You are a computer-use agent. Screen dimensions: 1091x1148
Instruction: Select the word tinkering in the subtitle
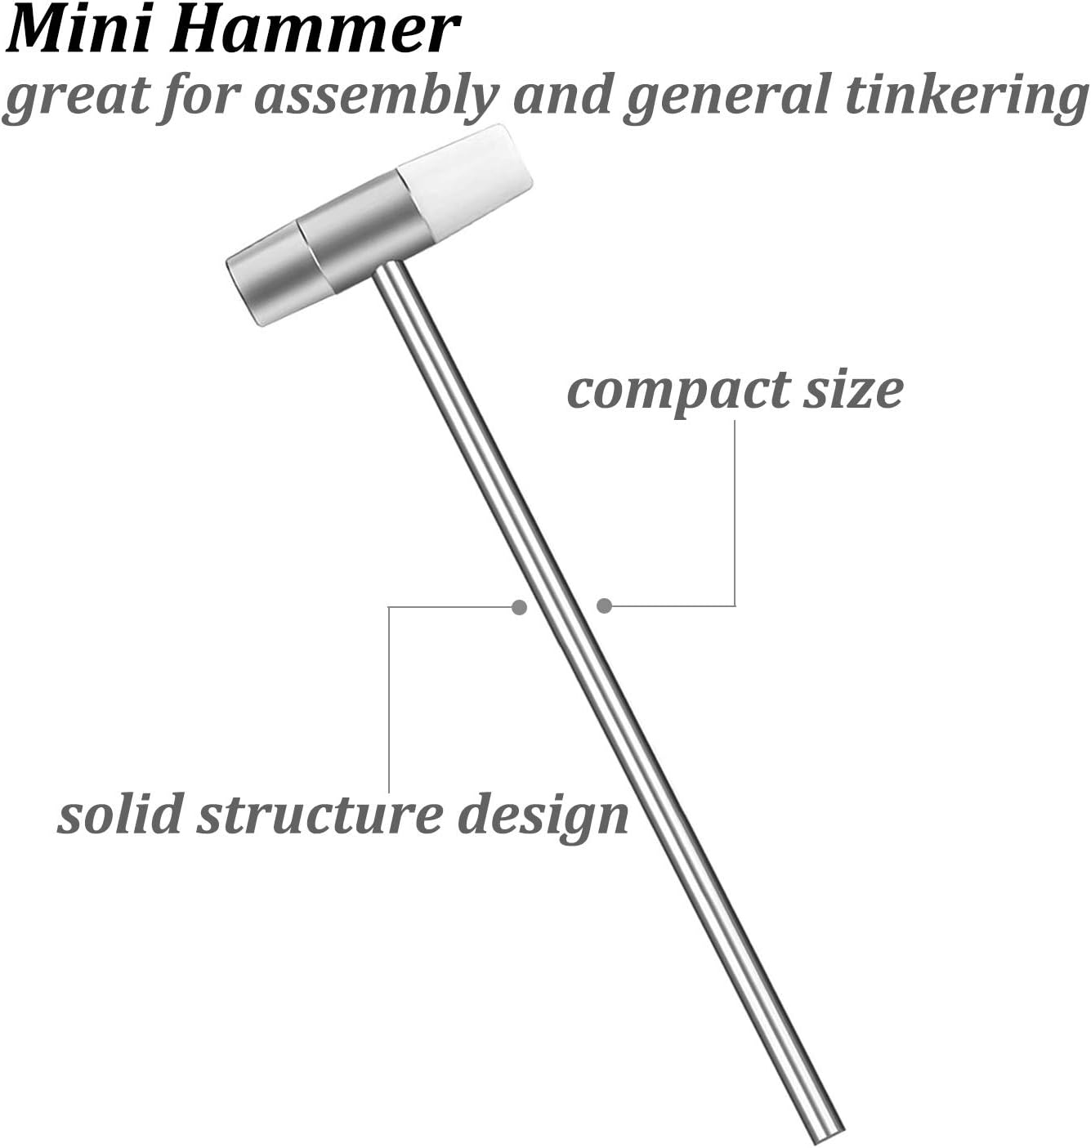point(967,96)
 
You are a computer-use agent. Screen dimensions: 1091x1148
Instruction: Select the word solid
point(121,815)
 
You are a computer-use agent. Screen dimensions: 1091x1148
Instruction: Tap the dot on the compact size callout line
point(605,606)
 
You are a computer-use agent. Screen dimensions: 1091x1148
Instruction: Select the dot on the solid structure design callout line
point(519,607)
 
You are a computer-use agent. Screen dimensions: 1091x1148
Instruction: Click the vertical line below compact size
point(735,513)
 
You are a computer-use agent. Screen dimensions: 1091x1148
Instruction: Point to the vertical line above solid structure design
point(389,699)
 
